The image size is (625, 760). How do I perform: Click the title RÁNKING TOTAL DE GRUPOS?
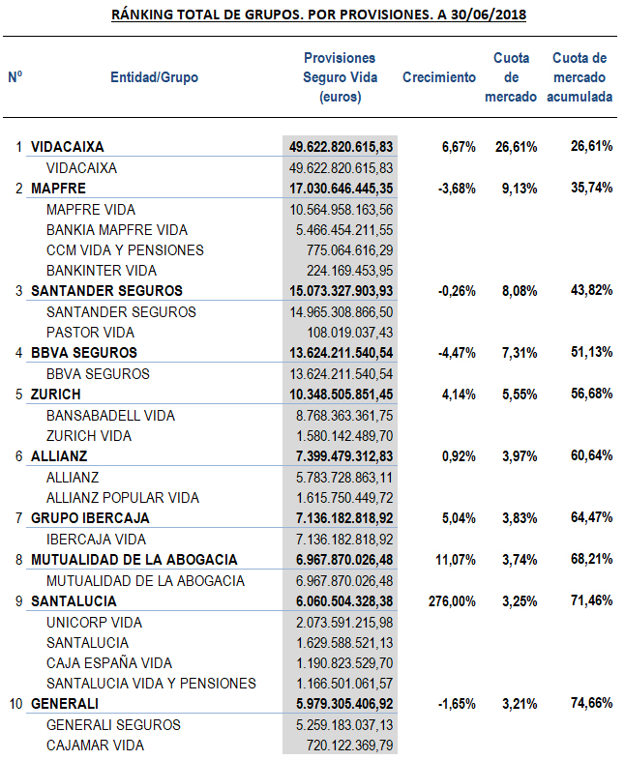tap(318, 15)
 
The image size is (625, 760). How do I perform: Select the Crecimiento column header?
tap(439, 77)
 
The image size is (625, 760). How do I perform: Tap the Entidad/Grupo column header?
tap(155, 77)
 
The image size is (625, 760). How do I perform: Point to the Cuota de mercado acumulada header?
tap(579, 77)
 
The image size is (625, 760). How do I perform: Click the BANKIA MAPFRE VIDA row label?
tap(117, 230)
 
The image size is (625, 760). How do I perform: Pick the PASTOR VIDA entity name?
tap(92, 332)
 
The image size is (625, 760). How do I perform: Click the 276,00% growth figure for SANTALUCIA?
tap(451, 600)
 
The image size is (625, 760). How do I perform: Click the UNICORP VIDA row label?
tap(94, 622)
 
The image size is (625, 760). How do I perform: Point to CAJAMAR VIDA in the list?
tap(95, 745)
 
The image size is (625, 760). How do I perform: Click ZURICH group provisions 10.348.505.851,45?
tap(342, 395)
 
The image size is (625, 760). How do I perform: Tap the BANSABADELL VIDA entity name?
tap(110, 415)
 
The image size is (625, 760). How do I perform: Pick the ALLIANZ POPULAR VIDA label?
tap(123, 498)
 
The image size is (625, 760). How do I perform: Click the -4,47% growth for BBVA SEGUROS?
tap(457, 353)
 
